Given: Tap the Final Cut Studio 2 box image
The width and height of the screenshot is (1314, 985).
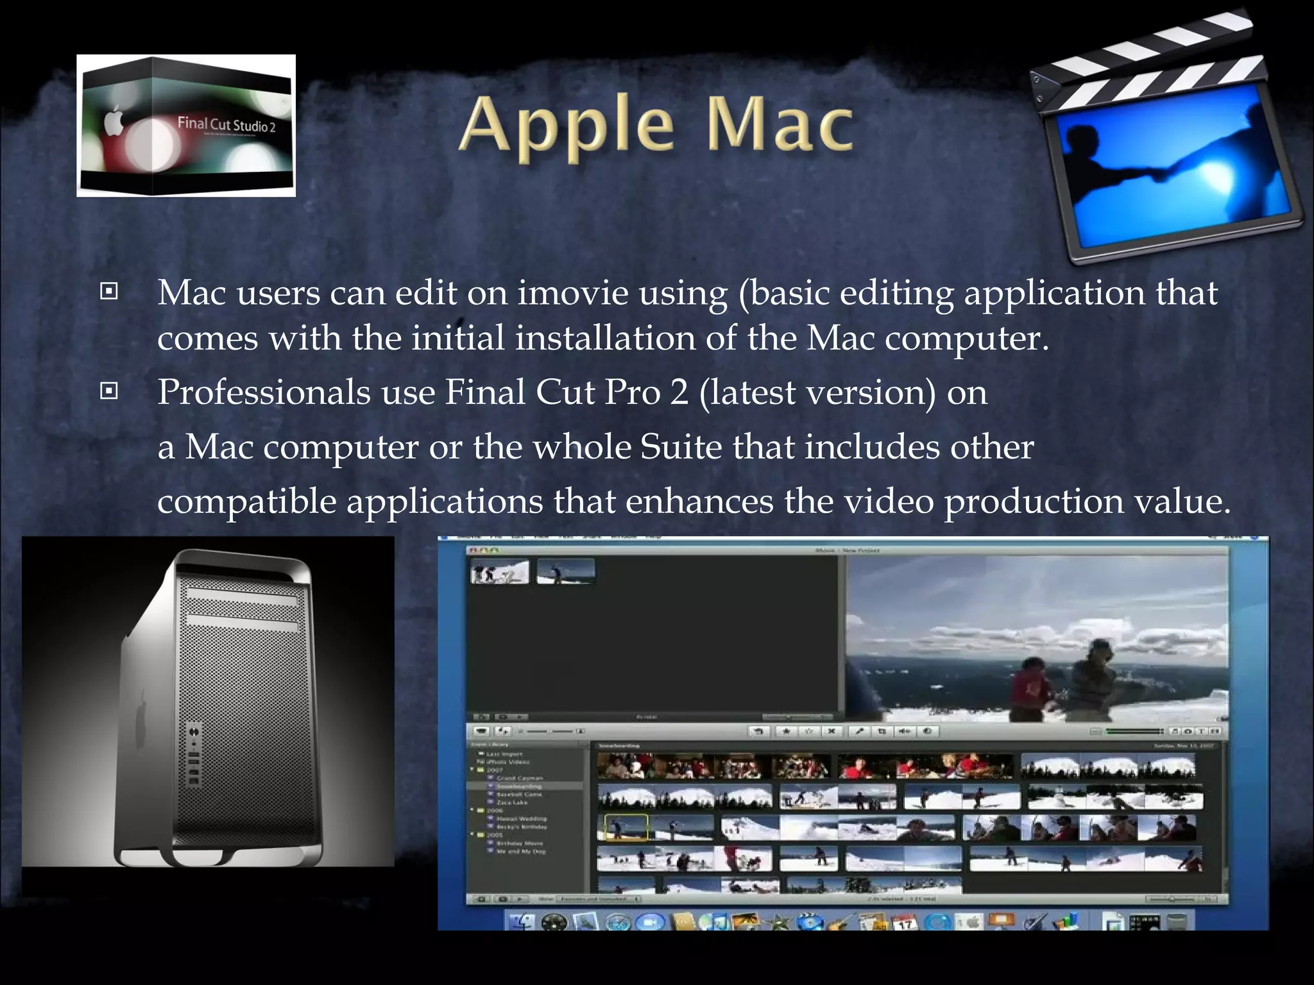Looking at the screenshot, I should click(186, 126).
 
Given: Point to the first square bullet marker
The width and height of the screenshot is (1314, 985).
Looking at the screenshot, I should click(109, 292).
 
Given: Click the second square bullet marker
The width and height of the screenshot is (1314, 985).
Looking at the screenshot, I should click(109, 391).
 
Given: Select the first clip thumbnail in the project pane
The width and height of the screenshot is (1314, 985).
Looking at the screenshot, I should click(500, 571).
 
